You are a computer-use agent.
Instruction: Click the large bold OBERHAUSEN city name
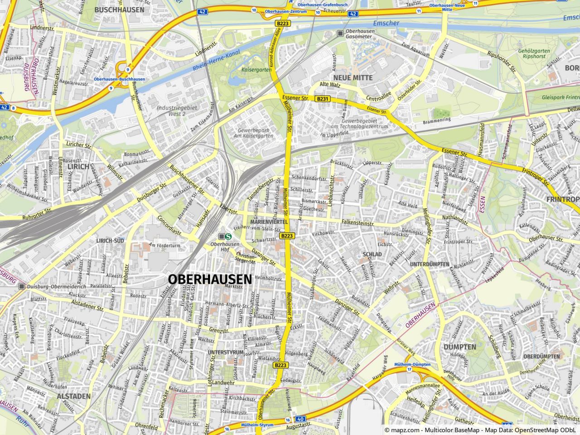coord(209,279)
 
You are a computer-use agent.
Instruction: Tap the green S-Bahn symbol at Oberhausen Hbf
coord(229,236)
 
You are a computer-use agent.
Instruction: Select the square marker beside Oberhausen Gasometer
coord(340,33)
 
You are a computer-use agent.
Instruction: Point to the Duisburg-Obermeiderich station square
coord(22,286)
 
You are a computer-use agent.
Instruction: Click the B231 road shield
coord(323,98)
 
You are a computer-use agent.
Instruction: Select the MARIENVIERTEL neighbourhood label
coord(269,222)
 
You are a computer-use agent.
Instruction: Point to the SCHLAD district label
coord(372,255)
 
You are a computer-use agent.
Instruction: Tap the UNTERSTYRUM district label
coord(225,352)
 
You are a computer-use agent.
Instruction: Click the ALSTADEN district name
coord(74,396)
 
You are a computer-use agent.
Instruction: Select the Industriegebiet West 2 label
coord(171,111)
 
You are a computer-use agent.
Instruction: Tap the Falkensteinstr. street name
coord(358,224)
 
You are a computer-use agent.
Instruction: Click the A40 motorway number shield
coord(301,420)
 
